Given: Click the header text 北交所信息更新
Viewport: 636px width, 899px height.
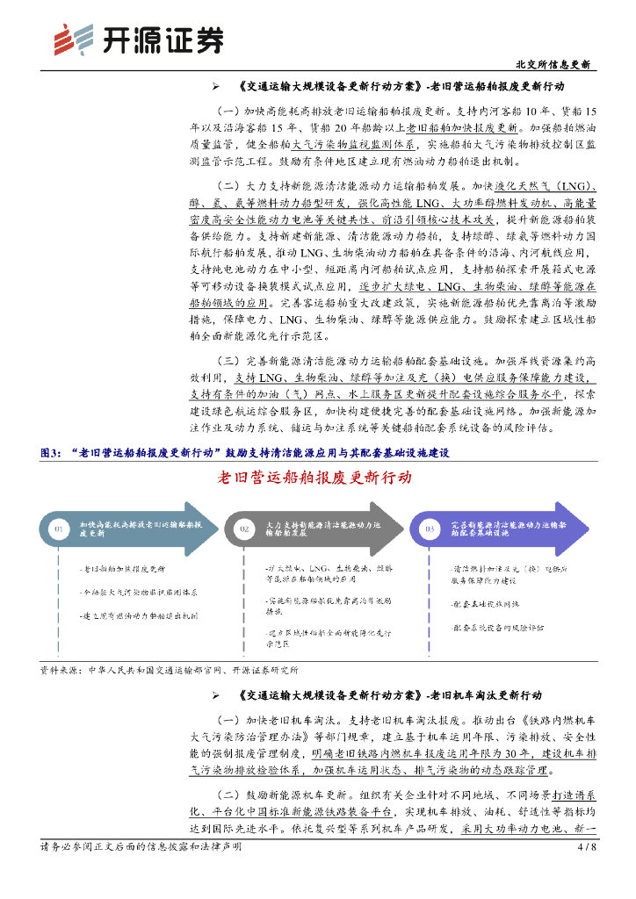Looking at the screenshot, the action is [552, 65].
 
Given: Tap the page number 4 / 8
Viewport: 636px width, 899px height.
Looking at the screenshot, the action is [586, 848].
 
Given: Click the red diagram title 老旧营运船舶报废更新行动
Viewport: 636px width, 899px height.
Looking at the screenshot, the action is [314, 478].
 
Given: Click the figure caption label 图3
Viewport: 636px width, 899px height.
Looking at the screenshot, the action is [53, 453].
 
